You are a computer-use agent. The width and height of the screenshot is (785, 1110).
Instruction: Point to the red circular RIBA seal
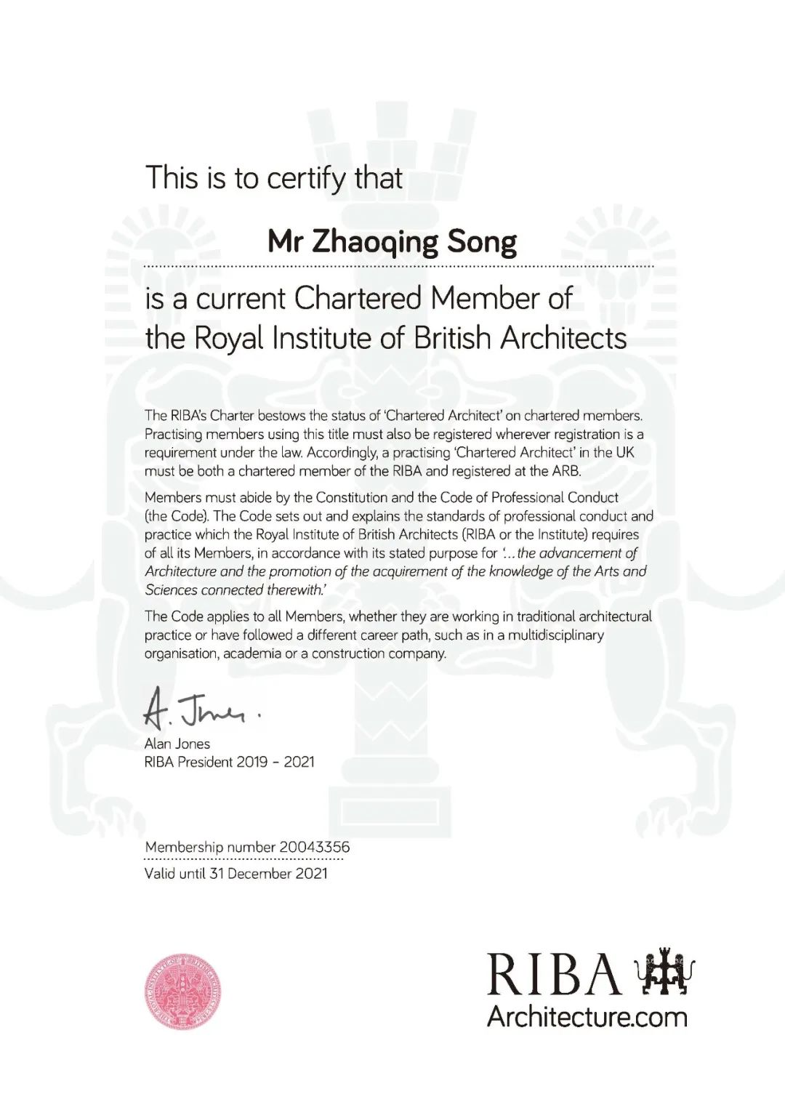[182, 991]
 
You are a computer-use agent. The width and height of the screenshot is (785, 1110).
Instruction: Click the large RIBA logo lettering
[554, 974]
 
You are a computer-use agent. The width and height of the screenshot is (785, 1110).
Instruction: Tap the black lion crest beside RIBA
[665, 972]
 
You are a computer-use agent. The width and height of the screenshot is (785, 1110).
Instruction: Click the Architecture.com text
[587, 1016]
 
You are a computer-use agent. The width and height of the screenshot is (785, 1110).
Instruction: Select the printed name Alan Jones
[177, 744]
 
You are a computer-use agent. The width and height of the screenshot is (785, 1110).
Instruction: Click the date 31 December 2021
[268, 873]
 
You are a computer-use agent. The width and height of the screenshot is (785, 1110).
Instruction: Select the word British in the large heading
[452, 338]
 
